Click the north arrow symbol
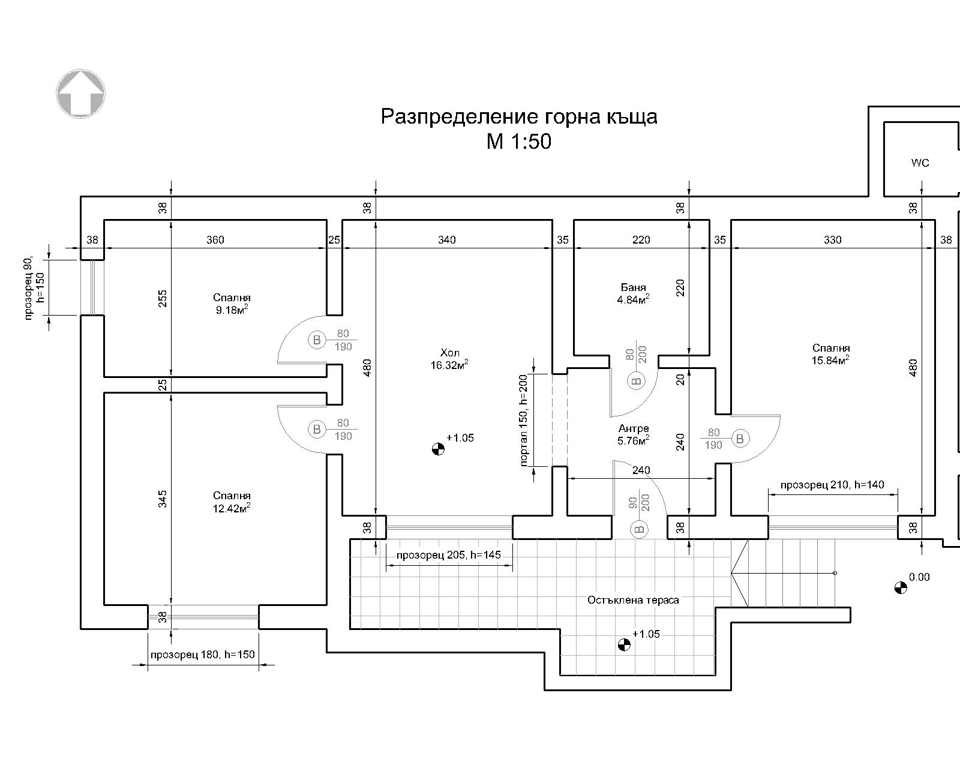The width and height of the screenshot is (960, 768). click(x=81, y=93)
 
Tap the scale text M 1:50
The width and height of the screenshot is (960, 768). click(x=518, y=142)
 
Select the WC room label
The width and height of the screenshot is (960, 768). click(x=920, y=163)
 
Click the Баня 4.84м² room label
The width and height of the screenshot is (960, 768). click(x=634, y=293)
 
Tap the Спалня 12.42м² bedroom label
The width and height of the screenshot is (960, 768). click(x=232, y=502)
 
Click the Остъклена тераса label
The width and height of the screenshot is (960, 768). click(x=633, y=600)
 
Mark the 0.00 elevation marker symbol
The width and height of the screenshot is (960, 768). click(x=900, y=587)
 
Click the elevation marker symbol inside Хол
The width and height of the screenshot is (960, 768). click(x=439, y=448)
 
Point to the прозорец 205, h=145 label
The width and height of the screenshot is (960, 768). click(x=449, y=555)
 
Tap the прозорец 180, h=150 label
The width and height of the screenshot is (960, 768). click(x=203, y=655)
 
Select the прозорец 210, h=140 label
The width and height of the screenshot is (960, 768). click(x=832, y=485)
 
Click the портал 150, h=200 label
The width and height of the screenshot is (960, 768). click(x=524, y=421)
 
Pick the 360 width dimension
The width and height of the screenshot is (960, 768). click(x=215, y=240)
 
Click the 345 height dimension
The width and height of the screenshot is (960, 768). click(x=163, y=499)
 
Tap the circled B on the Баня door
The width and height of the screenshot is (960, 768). click(x=637, y=380)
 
